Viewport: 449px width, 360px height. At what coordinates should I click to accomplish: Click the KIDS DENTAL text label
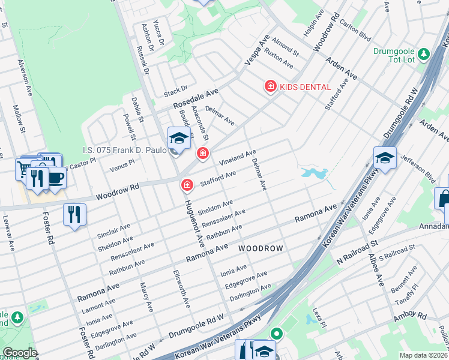pyautogui.click(x=306, y=87)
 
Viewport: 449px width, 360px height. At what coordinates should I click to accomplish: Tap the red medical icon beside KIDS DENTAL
pyautogui.click(x=271, y=87)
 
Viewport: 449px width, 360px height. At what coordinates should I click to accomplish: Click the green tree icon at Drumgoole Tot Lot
pyautogui.click(x=424, y=55)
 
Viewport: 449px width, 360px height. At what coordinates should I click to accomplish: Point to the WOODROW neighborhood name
pyautogui.click(x=261, y=248)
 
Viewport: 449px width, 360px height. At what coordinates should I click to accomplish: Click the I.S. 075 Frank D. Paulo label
pyautogui.click(x=124, y=151)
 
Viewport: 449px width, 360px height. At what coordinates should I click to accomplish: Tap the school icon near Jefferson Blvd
pyautogui.click(x=385, y=158)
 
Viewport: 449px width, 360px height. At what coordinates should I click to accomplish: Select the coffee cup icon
pyautogui.click(x=56, y=178)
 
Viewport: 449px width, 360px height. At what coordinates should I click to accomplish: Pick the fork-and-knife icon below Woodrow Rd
pyautogui.click(x=74, y=214)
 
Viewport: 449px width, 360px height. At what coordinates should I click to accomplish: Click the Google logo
pyautogui.click(x=20, y=353)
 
